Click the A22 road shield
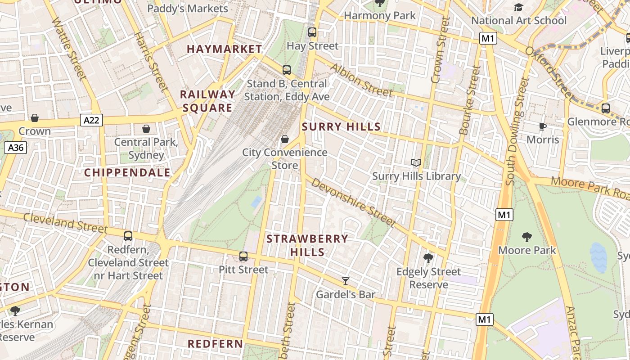(x=92, y=120)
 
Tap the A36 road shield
(x=16, y=147)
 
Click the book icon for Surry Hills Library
(x=416, y=163)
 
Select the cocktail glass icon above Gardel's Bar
(x=346, y=281)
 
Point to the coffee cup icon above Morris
(x=543, y=126)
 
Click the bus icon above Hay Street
(x=312, y=32)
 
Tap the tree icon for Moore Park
(x=527, y=237)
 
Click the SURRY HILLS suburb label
(x=341, y=127)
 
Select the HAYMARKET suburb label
(x=224, y=49)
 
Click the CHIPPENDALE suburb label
(x=127, y=172)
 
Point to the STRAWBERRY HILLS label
(x=307, y=245)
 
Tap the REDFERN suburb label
(x=215, y=344)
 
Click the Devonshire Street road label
(x=353, y=202)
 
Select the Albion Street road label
(x=361, y=80)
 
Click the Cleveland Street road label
(x=65, y=223)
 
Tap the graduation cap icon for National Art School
(x=518, y=7)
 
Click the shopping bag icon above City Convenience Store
(x=285, y=139)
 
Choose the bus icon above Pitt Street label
(x=243, y=256)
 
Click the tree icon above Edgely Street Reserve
(x=428, y=258)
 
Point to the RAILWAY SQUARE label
(x=208, y=101)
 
